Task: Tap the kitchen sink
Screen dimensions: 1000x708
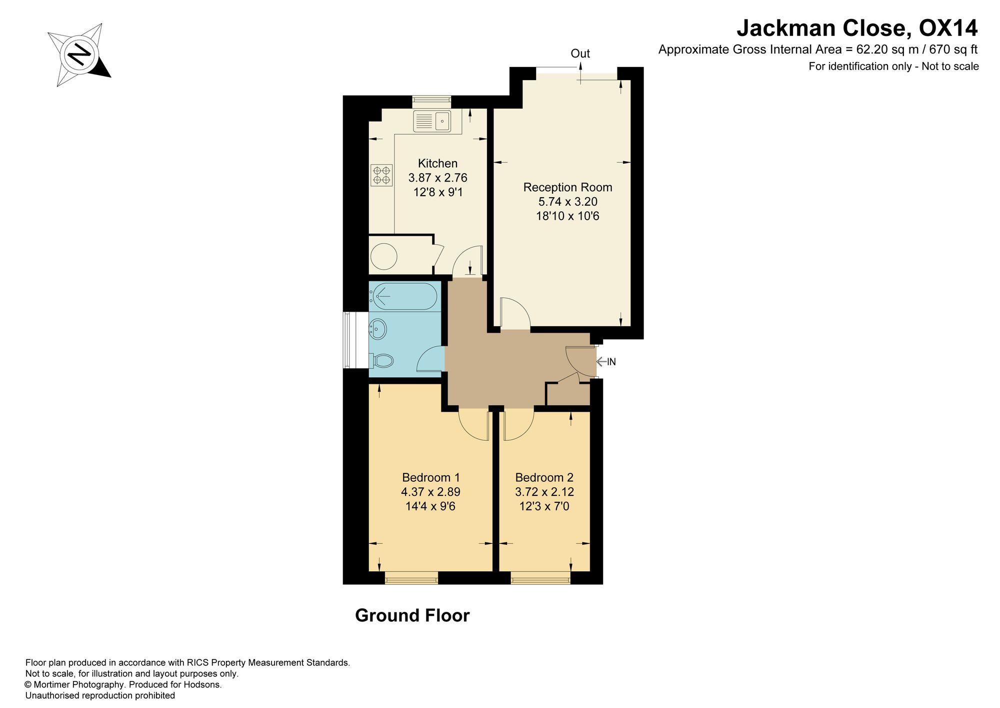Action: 432,121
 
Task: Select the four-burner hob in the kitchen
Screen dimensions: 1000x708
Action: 381,175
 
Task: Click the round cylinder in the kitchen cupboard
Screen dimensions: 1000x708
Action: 384,257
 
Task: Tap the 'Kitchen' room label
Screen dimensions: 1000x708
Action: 437,164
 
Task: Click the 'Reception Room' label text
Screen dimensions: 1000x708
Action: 567,188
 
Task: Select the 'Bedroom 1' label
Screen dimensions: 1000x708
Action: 431,478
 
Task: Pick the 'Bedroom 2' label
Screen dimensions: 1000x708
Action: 544,478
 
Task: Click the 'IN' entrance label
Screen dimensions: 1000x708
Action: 611,362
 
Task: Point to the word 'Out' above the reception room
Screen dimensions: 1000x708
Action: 580,54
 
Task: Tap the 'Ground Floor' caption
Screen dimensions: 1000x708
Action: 412,615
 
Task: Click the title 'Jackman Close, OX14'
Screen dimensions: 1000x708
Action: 857,28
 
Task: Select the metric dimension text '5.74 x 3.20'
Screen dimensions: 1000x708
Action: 567,202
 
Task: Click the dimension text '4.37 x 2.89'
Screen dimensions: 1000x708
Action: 430,492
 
